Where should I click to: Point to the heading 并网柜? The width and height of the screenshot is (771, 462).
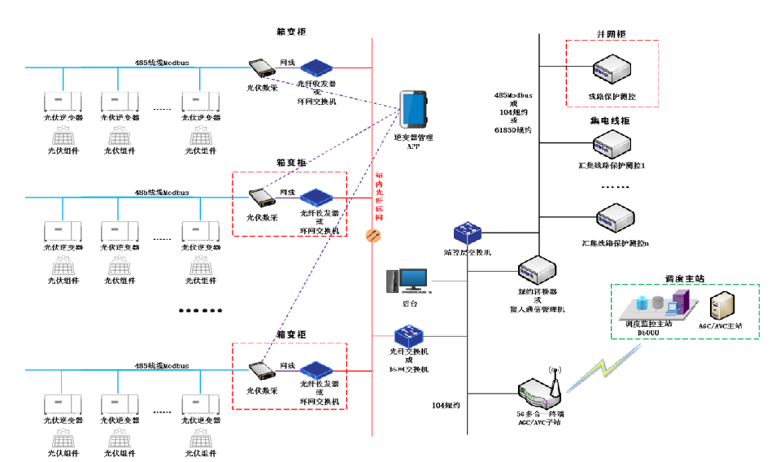(612, 34)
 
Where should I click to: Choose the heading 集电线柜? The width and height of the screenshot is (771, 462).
(610, 120)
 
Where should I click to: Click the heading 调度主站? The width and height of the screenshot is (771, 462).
(683, 277)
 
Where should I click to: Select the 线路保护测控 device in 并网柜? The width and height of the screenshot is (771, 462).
(611, 71)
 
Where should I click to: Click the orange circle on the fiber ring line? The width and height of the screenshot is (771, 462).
(374, 235)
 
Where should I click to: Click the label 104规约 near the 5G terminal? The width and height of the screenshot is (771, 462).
(446, 404)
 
